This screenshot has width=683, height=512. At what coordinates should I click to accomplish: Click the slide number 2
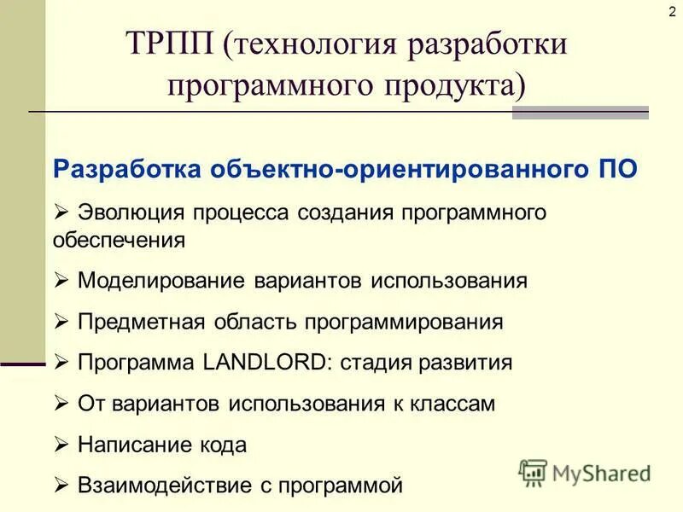pyautogui.click(x=672, y=10)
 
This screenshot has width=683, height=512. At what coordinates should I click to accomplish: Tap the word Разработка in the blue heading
pyautogui.click(x=129, y=167)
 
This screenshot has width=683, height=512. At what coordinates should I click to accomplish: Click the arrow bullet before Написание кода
pyautogui.click(x=61, y=445)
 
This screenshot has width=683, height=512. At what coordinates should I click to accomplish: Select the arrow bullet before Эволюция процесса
pyautogui.click(x=61, y=211)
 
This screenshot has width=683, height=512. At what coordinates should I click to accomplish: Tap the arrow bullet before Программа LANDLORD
pyautogui.click(x=61, y=362)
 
